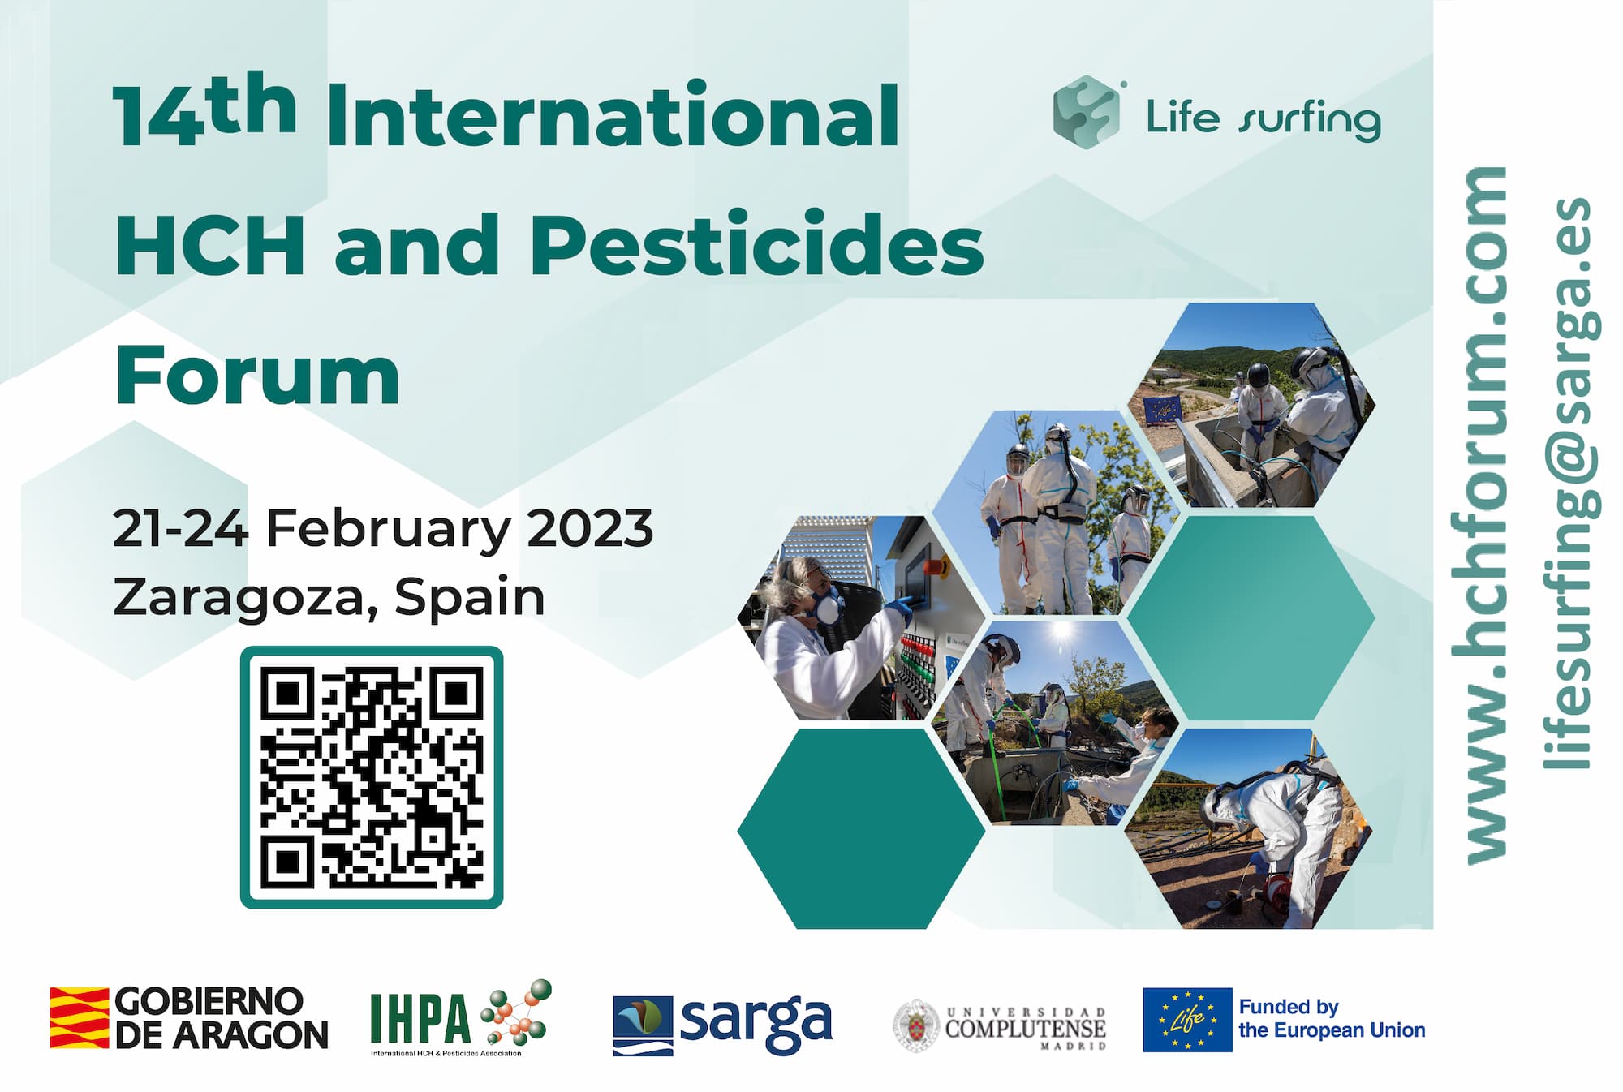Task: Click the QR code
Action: [x=372, y=776]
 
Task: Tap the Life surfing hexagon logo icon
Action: [x=1085, y=113]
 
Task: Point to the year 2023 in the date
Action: [x=590, y=528]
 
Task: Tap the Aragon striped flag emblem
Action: [x=79, y=1017]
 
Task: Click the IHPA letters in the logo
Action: [x=420, y=1018]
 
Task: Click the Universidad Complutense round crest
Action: [x=916, y=1025]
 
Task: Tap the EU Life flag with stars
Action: [x=1187, y=1019]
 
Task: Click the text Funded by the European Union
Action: [x=1332, y=1019]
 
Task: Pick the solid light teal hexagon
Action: [x=1251, y=618]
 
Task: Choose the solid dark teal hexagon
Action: [x=861, y=828]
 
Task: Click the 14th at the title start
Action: [x=205, y=110]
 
